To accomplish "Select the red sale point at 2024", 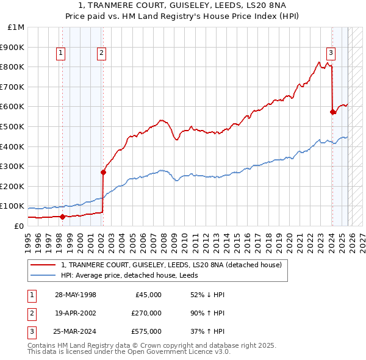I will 332,112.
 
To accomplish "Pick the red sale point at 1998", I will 62,217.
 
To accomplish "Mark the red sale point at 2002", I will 103,172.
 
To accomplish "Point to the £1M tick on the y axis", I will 16,27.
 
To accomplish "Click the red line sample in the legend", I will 43,265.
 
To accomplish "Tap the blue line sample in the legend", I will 43,275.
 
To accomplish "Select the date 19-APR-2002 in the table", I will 76,312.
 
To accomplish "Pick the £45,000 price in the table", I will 148,295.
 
